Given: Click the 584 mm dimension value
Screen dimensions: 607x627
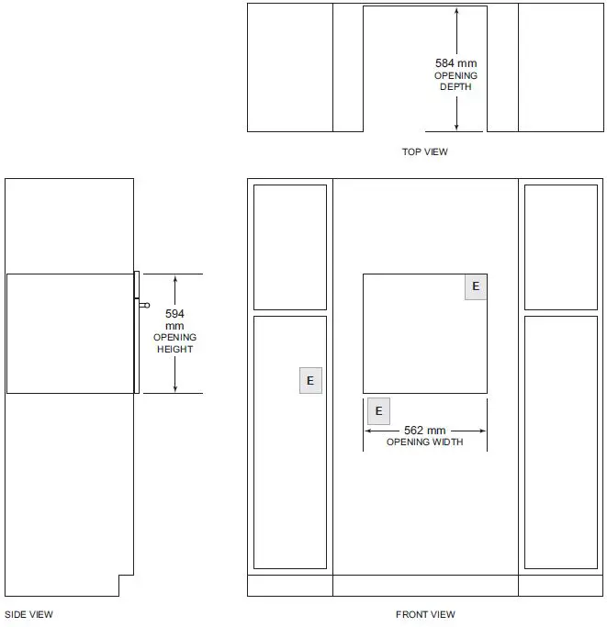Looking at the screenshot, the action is pyautogui.click(x=455, y=63).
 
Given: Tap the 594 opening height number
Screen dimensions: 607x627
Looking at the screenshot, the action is pyautogui.click(x=174, y=314).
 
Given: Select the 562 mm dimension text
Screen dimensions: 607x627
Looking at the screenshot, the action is pyautogui.click(x=424, y=431).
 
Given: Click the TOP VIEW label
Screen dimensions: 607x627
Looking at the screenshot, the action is pyautogui.click(x=425, y=152).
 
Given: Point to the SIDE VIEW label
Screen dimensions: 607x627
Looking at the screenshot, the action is pyautogui.click(x=28, y=614).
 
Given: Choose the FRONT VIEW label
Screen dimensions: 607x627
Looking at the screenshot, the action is pyautogui.click(x=425, y=614).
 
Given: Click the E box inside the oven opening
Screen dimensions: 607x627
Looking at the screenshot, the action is pyautogui.click(x=476, y=286).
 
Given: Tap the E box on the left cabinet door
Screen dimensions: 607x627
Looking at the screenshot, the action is pyautogui.click(x=310, y=381).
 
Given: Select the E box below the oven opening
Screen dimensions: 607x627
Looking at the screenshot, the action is pyautogui.click(x=378, y=411).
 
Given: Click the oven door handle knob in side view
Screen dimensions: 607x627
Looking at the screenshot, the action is pyautogui.click(x=145, y=305).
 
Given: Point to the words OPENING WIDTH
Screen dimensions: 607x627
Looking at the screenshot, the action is pyautogui.click(x=424, y=442).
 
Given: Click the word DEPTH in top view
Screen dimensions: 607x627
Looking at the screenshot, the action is pyautogui.click(x=455, y=87).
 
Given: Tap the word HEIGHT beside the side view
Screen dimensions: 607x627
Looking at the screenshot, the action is pyautogui.click(x=174, y=349).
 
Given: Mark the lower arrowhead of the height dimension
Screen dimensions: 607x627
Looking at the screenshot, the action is pyautogui.click(x=174, y=389).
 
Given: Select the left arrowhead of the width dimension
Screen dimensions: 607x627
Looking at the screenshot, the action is pyautogui.click(x=368, y=431).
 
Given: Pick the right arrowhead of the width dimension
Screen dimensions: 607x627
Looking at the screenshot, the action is pyautogui.click(x=482, y=431).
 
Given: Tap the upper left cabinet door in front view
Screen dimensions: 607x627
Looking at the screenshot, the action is pyautogui.click(x=290, y=247).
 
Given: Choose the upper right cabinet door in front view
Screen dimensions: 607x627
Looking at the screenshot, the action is pyautogui.click(x=561, y=247).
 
